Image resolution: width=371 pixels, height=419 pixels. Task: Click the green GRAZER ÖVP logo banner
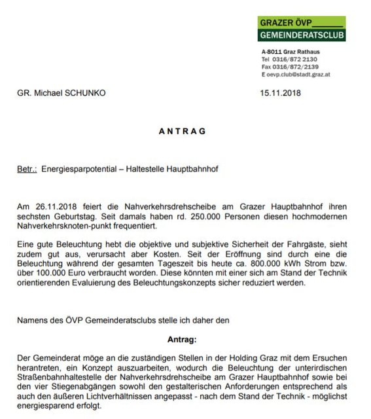[x=301, y=22]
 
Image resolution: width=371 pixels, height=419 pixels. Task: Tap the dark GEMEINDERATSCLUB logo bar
[x=301, y=35]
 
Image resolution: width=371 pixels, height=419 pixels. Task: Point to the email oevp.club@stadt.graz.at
[x=302, y=75]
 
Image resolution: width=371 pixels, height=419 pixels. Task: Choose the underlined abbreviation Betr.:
[x=27, y=169]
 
